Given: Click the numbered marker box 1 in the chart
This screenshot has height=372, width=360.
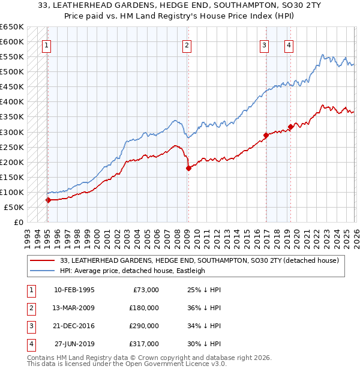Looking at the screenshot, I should click(47, 44).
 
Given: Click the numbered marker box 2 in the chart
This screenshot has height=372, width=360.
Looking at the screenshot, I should click(187, 44).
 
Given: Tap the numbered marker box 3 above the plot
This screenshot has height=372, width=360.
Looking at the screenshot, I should click(264, 44).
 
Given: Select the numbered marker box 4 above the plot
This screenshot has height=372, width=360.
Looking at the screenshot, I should click(289, 44).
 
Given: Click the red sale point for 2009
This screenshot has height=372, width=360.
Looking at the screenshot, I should click(188, 168).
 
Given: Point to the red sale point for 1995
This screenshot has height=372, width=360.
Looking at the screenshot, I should click(48, 200).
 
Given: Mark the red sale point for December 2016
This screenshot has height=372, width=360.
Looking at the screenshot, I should click(265, 135).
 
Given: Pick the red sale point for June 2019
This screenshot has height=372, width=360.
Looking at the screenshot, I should click(290, 127).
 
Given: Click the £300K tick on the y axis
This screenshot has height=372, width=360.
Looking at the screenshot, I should click(12, 132).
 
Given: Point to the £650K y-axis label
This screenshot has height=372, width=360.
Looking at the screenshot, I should click(12, 27).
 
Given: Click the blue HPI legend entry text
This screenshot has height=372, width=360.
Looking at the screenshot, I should click(132, 271).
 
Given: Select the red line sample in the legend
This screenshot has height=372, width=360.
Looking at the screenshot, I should click(43, 260).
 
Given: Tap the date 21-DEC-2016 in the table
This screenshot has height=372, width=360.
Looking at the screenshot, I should click(74, 326).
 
